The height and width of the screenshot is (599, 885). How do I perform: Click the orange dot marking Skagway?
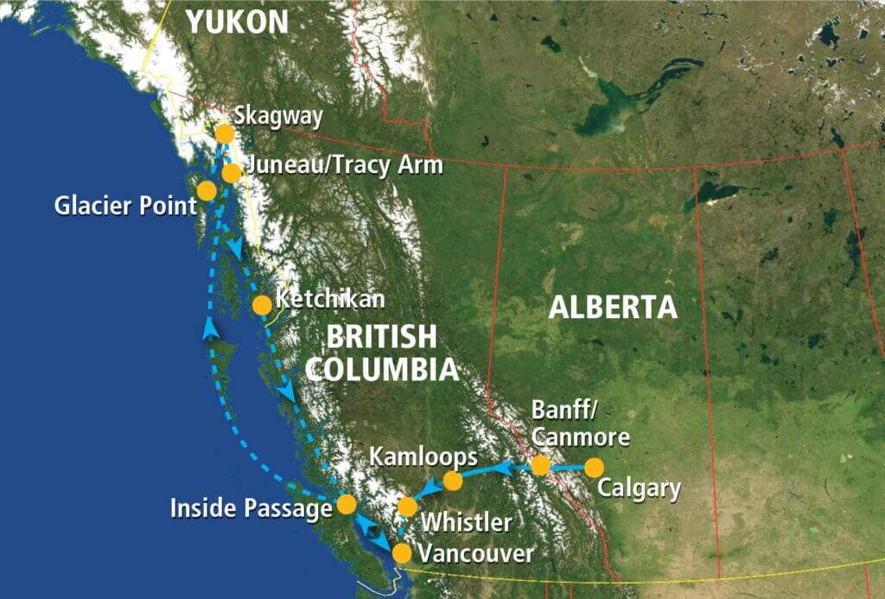[225, 134]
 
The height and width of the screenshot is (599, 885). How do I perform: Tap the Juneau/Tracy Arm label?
[344, 165]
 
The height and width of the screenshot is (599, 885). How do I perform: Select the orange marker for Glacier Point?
[207, 191]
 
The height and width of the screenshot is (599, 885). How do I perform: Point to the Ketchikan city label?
[330, 302]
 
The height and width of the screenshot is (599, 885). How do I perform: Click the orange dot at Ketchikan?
[262, 304]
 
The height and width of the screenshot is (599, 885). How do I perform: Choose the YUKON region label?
[238, 22]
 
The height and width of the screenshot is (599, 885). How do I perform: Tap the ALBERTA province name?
[614, 308]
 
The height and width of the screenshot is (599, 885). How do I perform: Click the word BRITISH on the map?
[377, 337]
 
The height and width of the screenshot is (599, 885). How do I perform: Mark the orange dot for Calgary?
[593, 468]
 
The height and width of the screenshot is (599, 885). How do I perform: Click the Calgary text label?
[640, 489]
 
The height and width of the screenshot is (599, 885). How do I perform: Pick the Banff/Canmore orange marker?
[540, 465]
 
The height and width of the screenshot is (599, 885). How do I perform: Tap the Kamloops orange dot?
[453, 481]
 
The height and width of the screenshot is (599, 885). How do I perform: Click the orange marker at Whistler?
[407, 507]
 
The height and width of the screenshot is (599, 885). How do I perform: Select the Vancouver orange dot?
[402, 552]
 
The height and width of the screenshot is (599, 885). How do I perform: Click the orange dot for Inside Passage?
[347, 503]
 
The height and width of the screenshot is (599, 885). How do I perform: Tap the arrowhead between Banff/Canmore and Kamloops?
[504, 468]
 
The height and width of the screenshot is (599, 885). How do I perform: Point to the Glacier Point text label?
[123, 206]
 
